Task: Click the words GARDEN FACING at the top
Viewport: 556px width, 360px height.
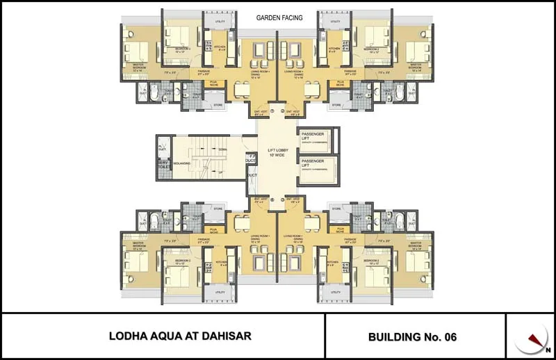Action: (x=279, y=18)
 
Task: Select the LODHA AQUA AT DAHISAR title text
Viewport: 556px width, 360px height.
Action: (x=180, y=336)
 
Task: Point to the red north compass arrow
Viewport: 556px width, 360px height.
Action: (x=534, y=340)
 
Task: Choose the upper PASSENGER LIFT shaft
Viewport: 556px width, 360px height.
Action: (x=317, y=140)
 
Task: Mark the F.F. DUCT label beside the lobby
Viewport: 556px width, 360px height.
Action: (x=252, y=158)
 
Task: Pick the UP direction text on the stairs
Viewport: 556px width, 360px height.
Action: (x=221, y=172)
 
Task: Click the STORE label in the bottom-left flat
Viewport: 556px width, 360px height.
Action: (x=218, y=208)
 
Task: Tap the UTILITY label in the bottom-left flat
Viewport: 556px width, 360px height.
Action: (x=220, y=293)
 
